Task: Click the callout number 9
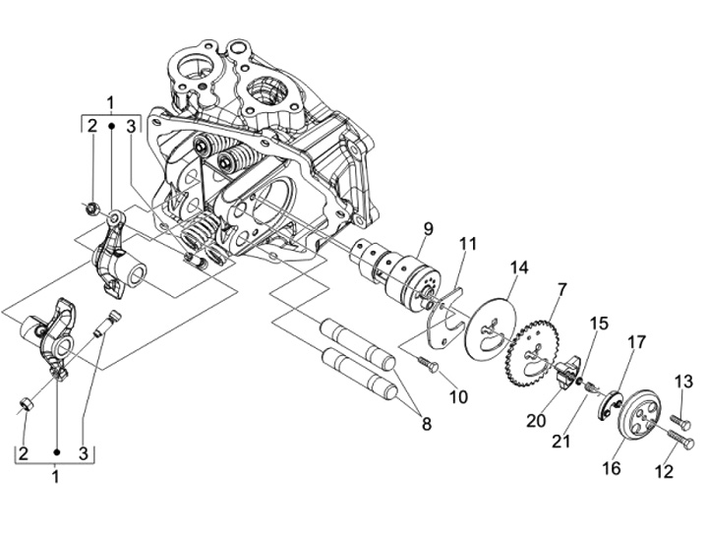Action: pos(428,229)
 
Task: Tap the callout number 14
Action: pos(519,267)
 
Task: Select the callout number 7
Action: pos(561,289)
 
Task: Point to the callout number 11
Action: pos(468,244)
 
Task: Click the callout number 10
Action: pos(458,397)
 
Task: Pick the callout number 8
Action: pos(426,424)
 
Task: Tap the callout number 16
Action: pos(612,468)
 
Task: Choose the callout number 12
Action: pos(664,472)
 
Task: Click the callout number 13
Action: pos(684,382)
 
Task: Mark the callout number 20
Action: pos(536,421)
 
